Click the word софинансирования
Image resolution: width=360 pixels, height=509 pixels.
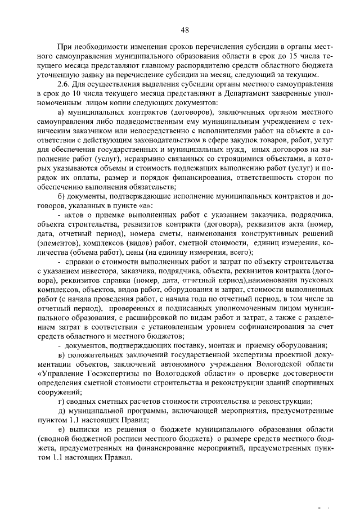[x=265, y=327]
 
